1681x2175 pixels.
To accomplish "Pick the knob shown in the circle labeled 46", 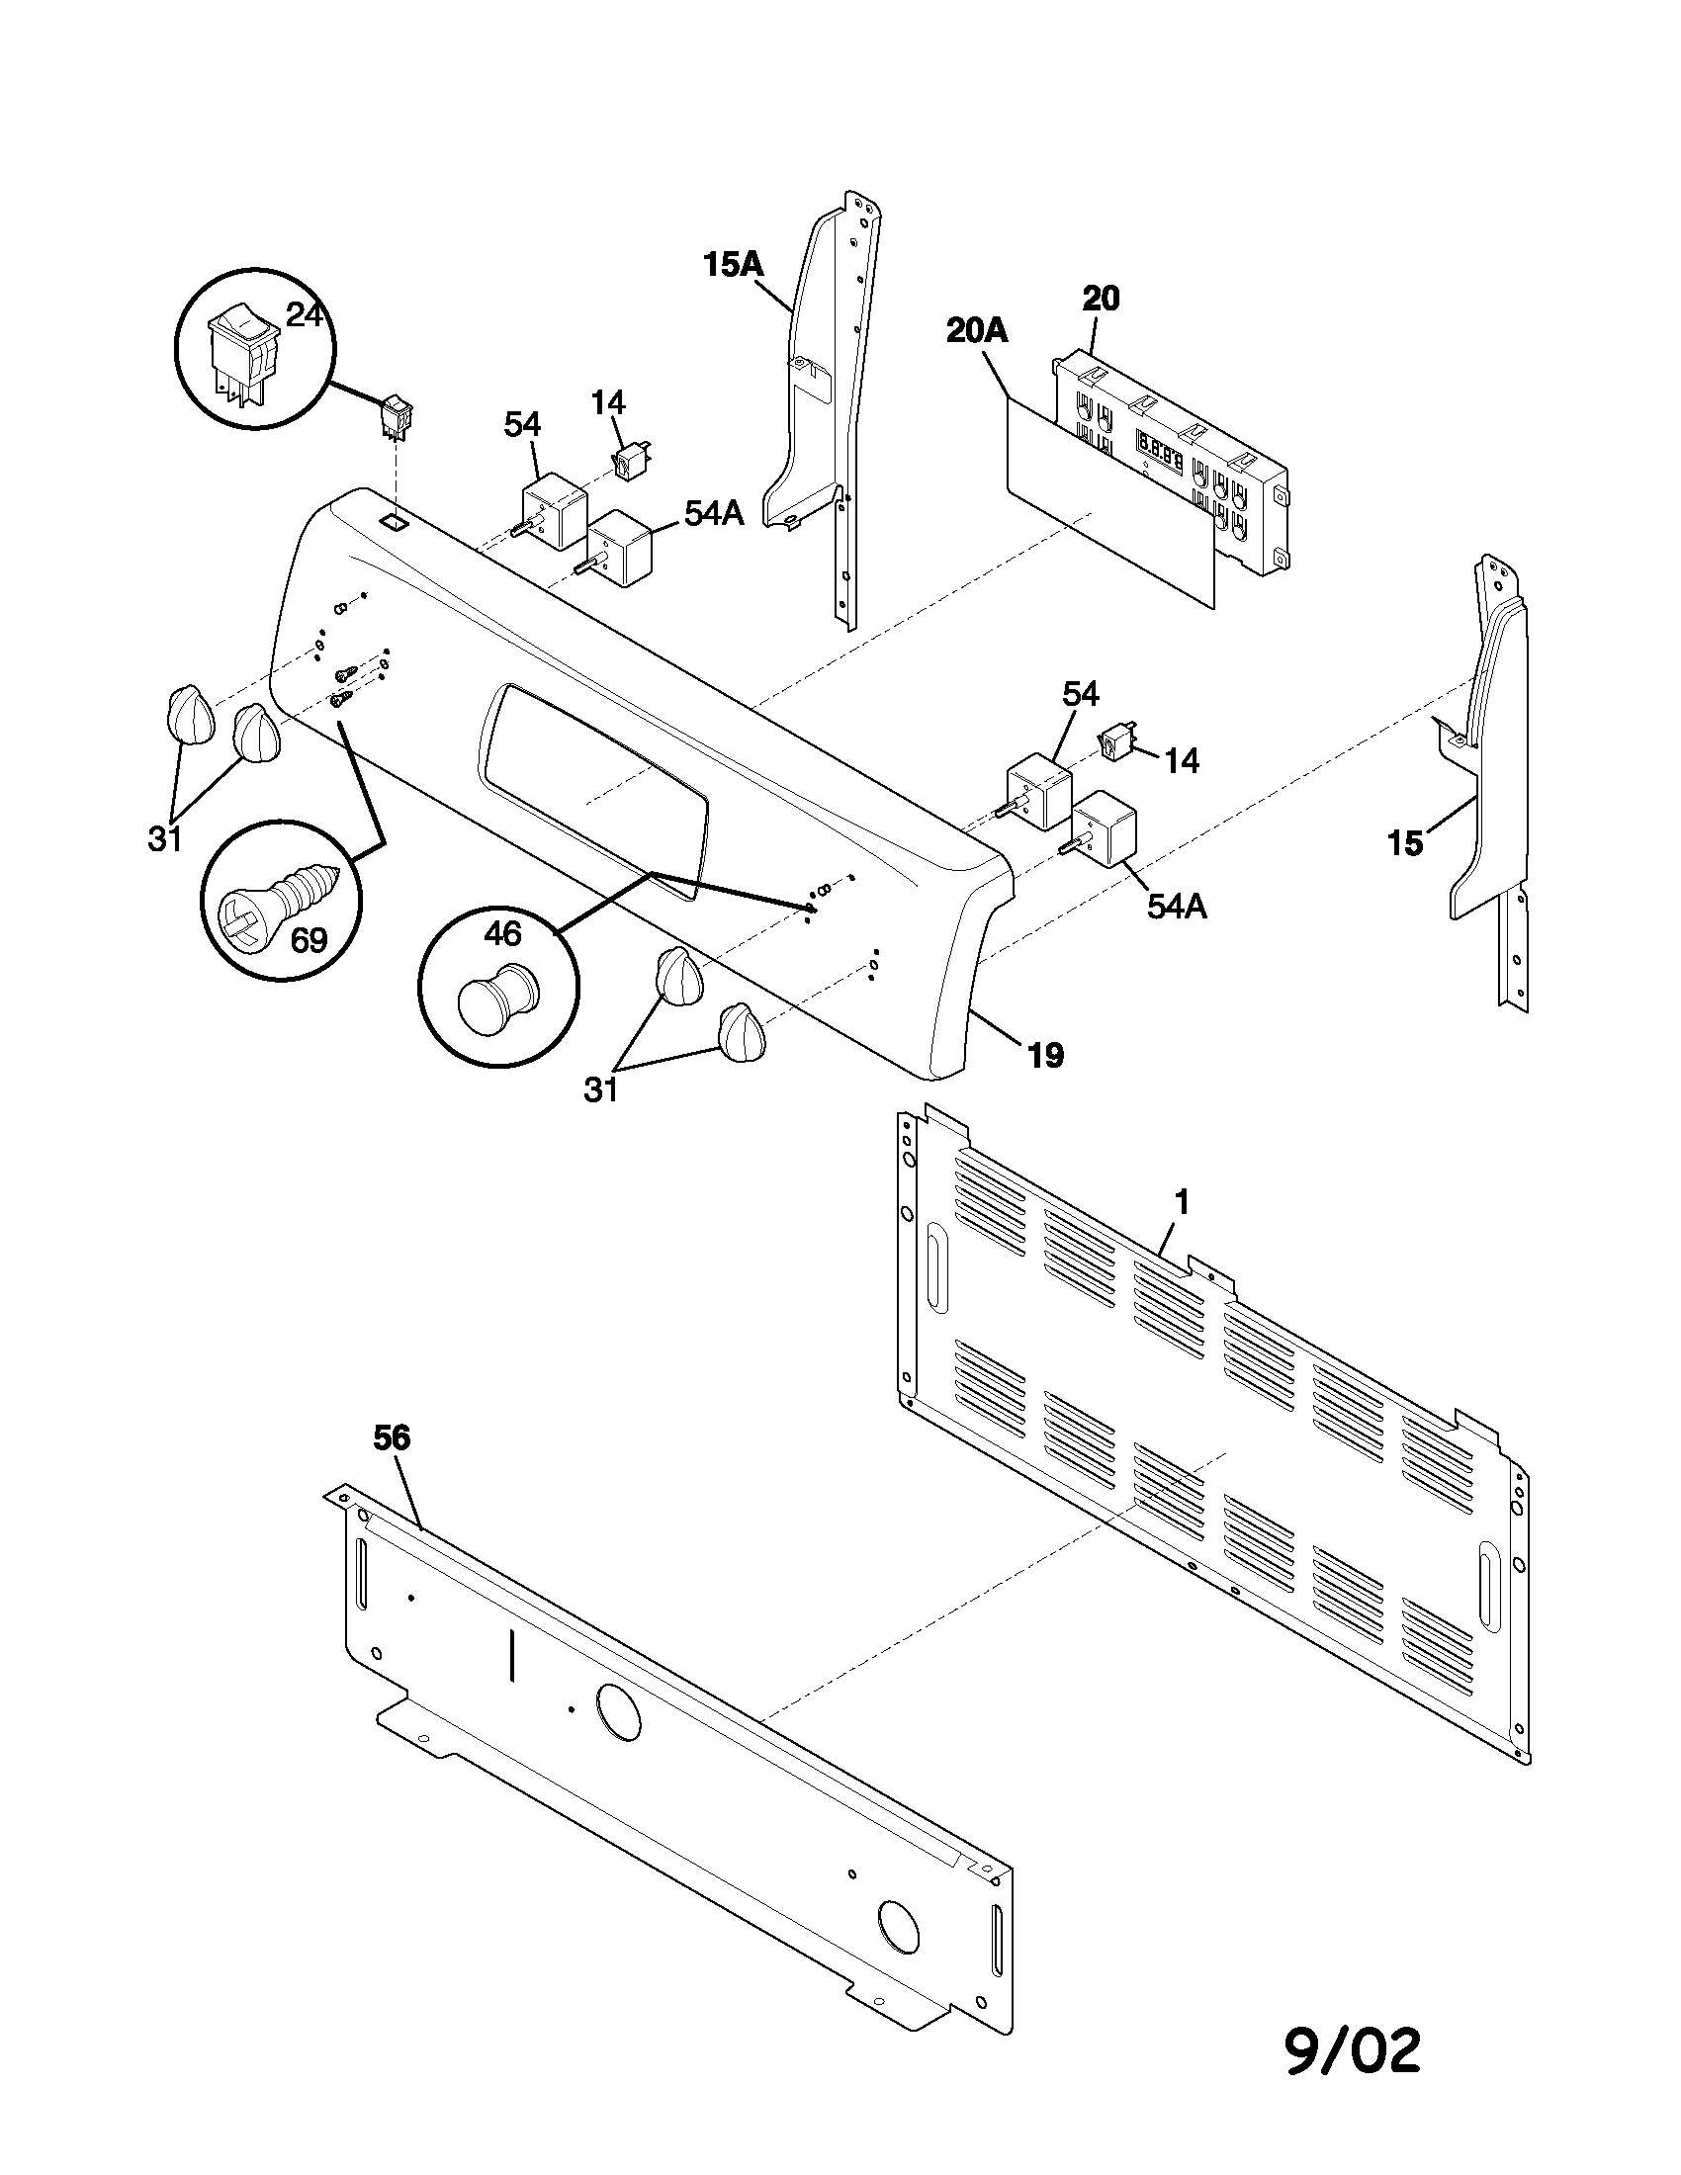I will point(496,999).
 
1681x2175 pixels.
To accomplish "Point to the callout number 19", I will point(1045,1055).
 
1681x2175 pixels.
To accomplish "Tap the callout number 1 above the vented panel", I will point(1182,1203).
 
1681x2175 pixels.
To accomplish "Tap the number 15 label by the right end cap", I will point(1405,843).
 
